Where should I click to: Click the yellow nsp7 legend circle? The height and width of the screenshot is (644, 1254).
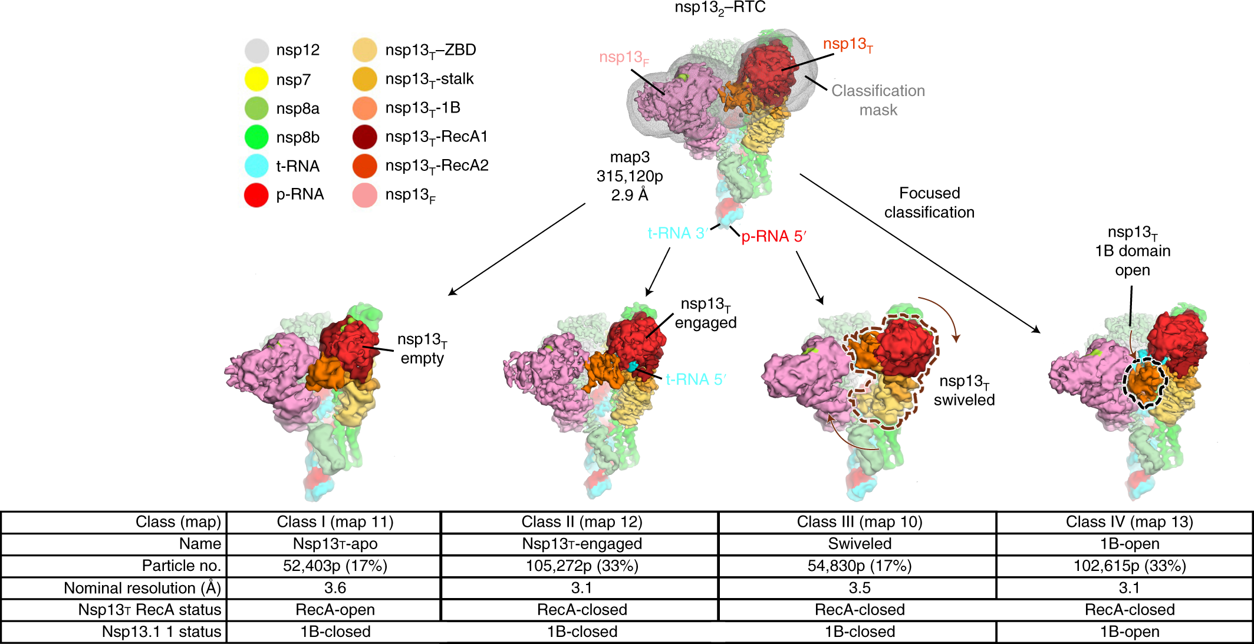tap(256, 80)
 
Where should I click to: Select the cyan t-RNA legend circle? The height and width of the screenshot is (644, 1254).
tap(256, 166)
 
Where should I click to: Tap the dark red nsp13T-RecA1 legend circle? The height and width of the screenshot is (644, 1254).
tap(365, 137)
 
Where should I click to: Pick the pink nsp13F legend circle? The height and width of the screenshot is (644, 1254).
tap(365, 195)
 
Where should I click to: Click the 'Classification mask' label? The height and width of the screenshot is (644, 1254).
tap(878, 100)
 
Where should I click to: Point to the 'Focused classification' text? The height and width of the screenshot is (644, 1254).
tap(929, 203)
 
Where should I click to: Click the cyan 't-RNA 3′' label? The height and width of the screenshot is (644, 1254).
tap(677, 234)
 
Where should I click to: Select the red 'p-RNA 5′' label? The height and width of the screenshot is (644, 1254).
tap(773, 237)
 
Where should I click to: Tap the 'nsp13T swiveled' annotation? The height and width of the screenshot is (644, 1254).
tap(964, 391)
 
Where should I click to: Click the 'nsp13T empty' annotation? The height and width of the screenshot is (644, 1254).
tap(422, 349)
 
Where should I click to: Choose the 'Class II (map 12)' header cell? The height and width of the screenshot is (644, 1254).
tap(581, 522)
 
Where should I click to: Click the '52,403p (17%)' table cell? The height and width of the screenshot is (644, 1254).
tap(335, 566)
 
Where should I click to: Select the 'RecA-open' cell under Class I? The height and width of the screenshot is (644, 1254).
tap(335, 610)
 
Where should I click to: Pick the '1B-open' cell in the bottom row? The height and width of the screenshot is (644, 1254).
tap(1129, 632)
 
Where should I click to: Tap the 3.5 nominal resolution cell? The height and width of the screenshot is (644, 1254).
tap(860, 588)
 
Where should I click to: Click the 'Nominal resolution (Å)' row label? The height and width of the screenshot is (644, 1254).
tap(142, 588)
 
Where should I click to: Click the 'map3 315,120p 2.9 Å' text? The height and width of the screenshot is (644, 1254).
tap(630, 176)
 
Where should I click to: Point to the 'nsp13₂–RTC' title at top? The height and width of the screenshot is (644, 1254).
tap(720, 8)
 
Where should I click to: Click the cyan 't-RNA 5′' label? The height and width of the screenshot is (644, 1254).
tap(695, 380)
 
